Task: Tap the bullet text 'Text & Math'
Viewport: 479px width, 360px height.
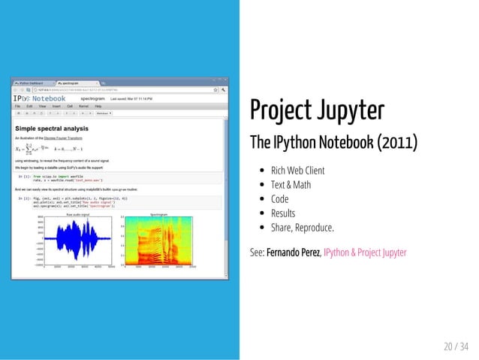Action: pos(291,185)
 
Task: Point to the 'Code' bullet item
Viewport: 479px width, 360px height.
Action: pos(280,199)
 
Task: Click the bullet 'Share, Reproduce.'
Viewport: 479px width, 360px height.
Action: pos(303,228)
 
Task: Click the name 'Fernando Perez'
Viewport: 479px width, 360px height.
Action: pos(293,253)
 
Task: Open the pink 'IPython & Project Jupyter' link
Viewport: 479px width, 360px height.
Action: pos(365,253)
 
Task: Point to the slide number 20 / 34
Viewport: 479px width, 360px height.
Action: pos(456,346)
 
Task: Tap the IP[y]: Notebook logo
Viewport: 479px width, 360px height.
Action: pos(39,98)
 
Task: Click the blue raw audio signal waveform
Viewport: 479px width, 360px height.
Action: pos(76,241)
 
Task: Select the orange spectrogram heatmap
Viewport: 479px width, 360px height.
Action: pos(158,241)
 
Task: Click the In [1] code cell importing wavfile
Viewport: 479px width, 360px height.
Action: pos(75,179)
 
